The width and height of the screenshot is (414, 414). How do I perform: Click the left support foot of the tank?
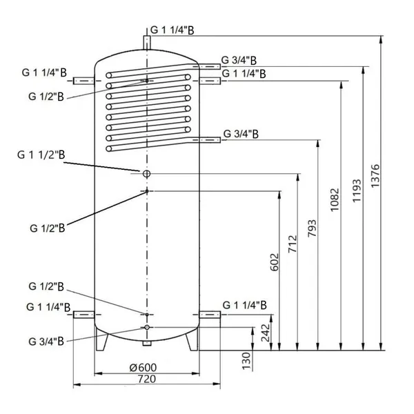104,342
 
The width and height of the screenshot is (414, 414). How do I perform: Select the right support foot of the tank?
190,342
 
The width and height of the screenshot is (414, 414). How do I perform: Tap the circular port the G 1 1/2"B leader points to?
147,173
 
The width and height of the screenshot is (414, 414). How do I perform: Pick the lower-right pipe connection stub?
210,315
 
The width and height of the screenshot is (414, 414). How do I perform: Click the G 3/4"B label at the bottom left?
47,339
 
